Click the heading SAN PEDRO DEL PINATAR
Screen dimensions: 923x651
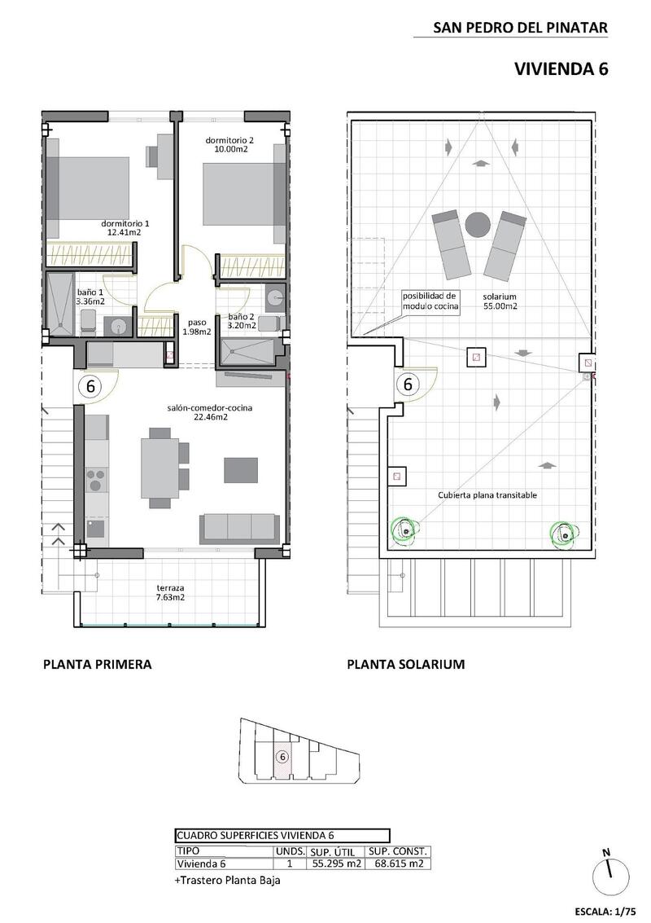(x=520, y=28)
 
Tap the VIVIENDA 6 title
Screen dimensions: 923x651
(x=561, y=69)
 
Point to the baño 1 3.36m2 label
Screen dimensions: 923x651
(x=90, y=297)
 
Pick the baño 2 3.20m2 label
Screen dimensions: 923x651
(x=242, y=321)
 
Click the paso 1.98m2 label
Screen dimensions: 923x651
(x=198, y=327)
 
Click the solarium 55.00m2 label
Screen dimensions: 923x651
(x=500, y=301)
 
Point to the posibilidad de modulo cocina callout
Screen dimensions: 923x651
(x=430, y=301)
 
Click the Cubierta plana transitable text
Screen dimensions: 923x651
(x=487, y=494)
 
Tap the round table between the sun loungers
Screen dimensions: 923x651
(x=477, y=222)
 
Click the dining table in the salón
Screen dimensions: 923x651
(x=159, y=468)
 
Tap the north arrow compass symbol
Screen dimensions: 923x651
(x=611, y=876)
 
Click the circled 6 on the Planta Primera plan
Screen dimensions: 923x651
(x=90, y=386)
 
